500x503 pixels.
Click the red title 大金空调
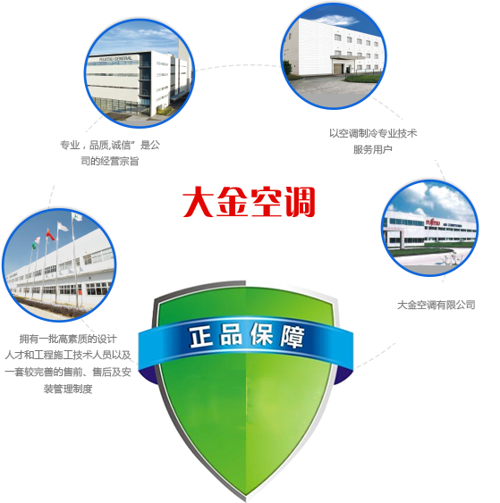(249, 202)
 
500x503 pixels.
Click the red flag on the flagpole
(50, 235)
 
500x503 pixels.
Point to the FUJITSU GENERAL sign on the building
(115, 59)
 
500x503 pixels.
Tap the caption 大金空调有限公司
(436, 305)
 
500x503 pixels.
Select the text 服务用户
(372, 149)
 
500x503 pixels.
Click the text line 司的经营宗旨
(109, 161)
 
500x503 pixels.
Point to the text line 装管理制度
(68, 389)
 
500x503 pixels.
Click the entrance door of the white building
(338, 68)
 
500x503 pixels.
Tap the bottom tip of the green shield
(246, 497)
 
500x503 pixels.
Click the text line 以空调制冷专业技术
(373, 133)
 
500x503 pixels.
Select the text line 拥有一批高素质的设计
(68, 339)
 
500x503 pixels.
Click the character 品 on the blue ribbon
(231, 335)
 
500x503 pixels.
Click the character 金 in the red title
(233, 202)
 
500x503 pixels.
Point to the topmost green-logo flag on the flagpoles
(78, 217)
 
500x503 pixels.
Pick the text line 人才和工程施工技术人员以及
(68, 355)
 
